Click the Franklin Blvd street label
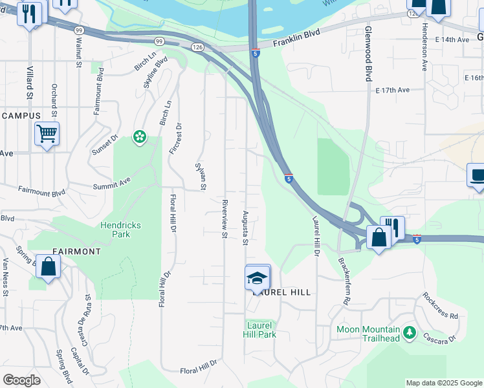tap(297, 43)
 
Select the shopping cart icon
tap(47, 135)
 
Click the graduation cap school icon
tap(257, 279)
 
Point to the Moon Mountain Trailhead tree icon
tap(408, 332)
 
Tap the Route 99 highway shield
tap(79, 30)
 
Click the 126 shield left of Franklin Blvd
tap(197, 47)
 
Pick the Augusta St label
tap(245, 228)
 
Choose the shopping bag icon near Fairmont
tap(48, 266)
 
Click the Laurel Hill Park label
tap(259, 330)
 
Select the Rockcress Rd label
tap(441, 307)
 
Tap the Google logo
tap(21, 380)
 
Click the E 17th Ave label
tap(393, 91)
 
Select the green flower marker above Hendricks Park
tap(139, 136)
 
